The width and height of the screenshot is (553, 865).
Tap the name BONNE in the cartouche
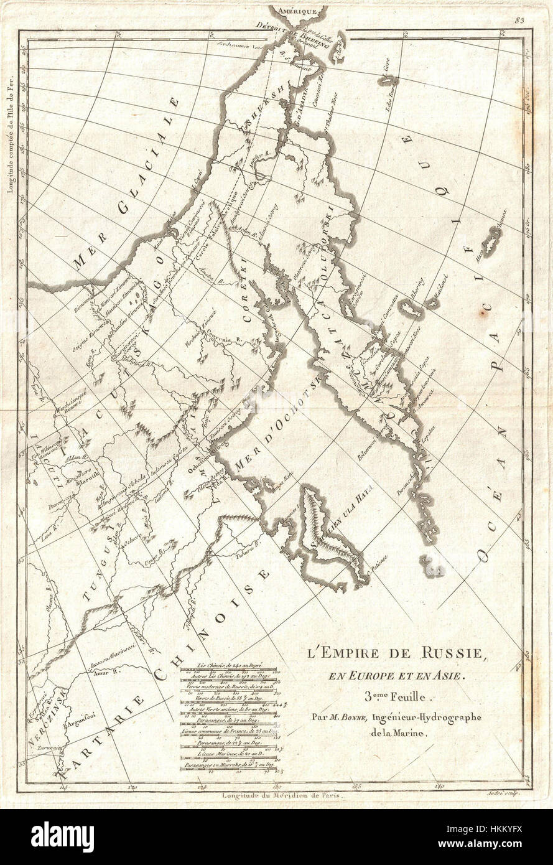pyautogui.click(x=346, y=716)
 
